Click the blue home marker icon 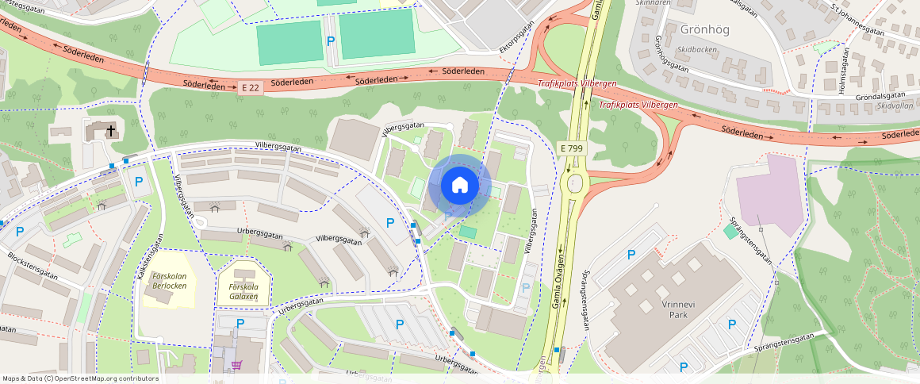point(459,186)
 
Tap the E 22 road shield point(249,87)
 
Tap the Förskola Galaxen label point(243,291)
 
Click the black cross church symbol point(111,129)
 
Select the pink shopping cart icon point(236,365)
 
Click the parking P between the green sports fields point(331,41)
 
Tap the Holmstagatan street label point(843,71)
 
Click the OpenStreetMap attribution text point(81,378)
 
